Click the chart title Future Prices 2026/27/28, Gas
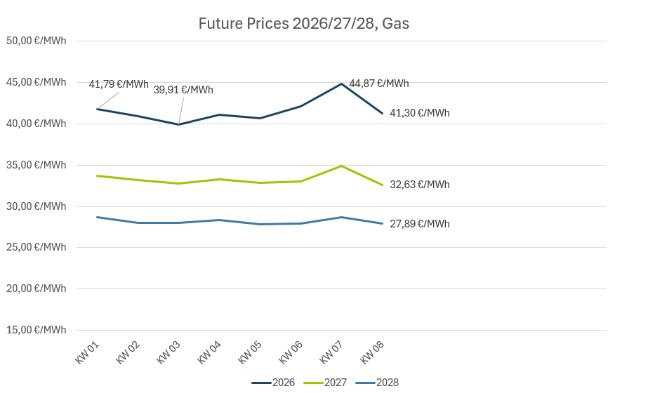[303, 24]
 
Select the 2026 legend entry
[274, 383]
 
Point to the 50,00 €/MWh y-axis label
[36, 41]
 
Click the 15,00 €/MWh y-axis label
[36, 330]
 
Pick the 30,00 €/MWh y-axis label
[36, 206]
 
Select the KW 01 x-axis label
[87, 352]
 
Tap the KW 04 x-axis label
[209, 352]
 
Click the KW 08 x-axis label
[372, 352]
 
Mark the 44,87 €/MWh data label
[378, 84]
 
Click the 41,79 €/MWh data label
[119, 84]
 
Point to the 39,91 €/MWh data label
[183, 90]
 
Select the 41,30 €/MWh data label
[419, 113]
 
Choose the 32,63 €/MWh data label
[419, 185]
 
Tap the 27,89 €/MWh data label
[419, 224]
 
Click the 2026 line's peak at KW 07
[341, 84]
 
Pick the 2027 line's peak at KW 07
[341, 166]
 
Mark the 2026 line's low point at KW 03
[178, 124]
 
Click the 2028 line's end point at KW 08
[382, 223]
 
